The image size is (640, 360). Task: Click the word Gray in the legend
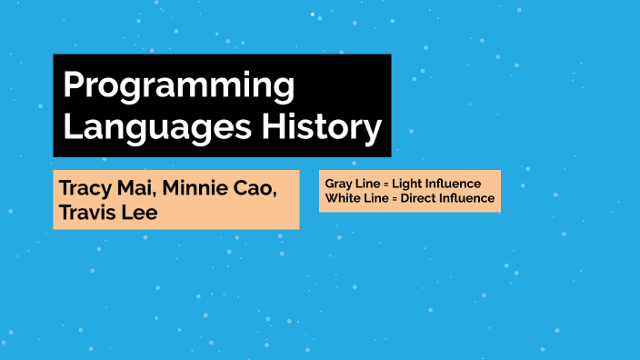tap(338, 184)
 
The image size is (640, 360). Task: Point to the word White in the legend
tap(341, 198)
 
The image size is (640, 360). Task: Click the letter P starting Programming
tap(74, 86)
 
